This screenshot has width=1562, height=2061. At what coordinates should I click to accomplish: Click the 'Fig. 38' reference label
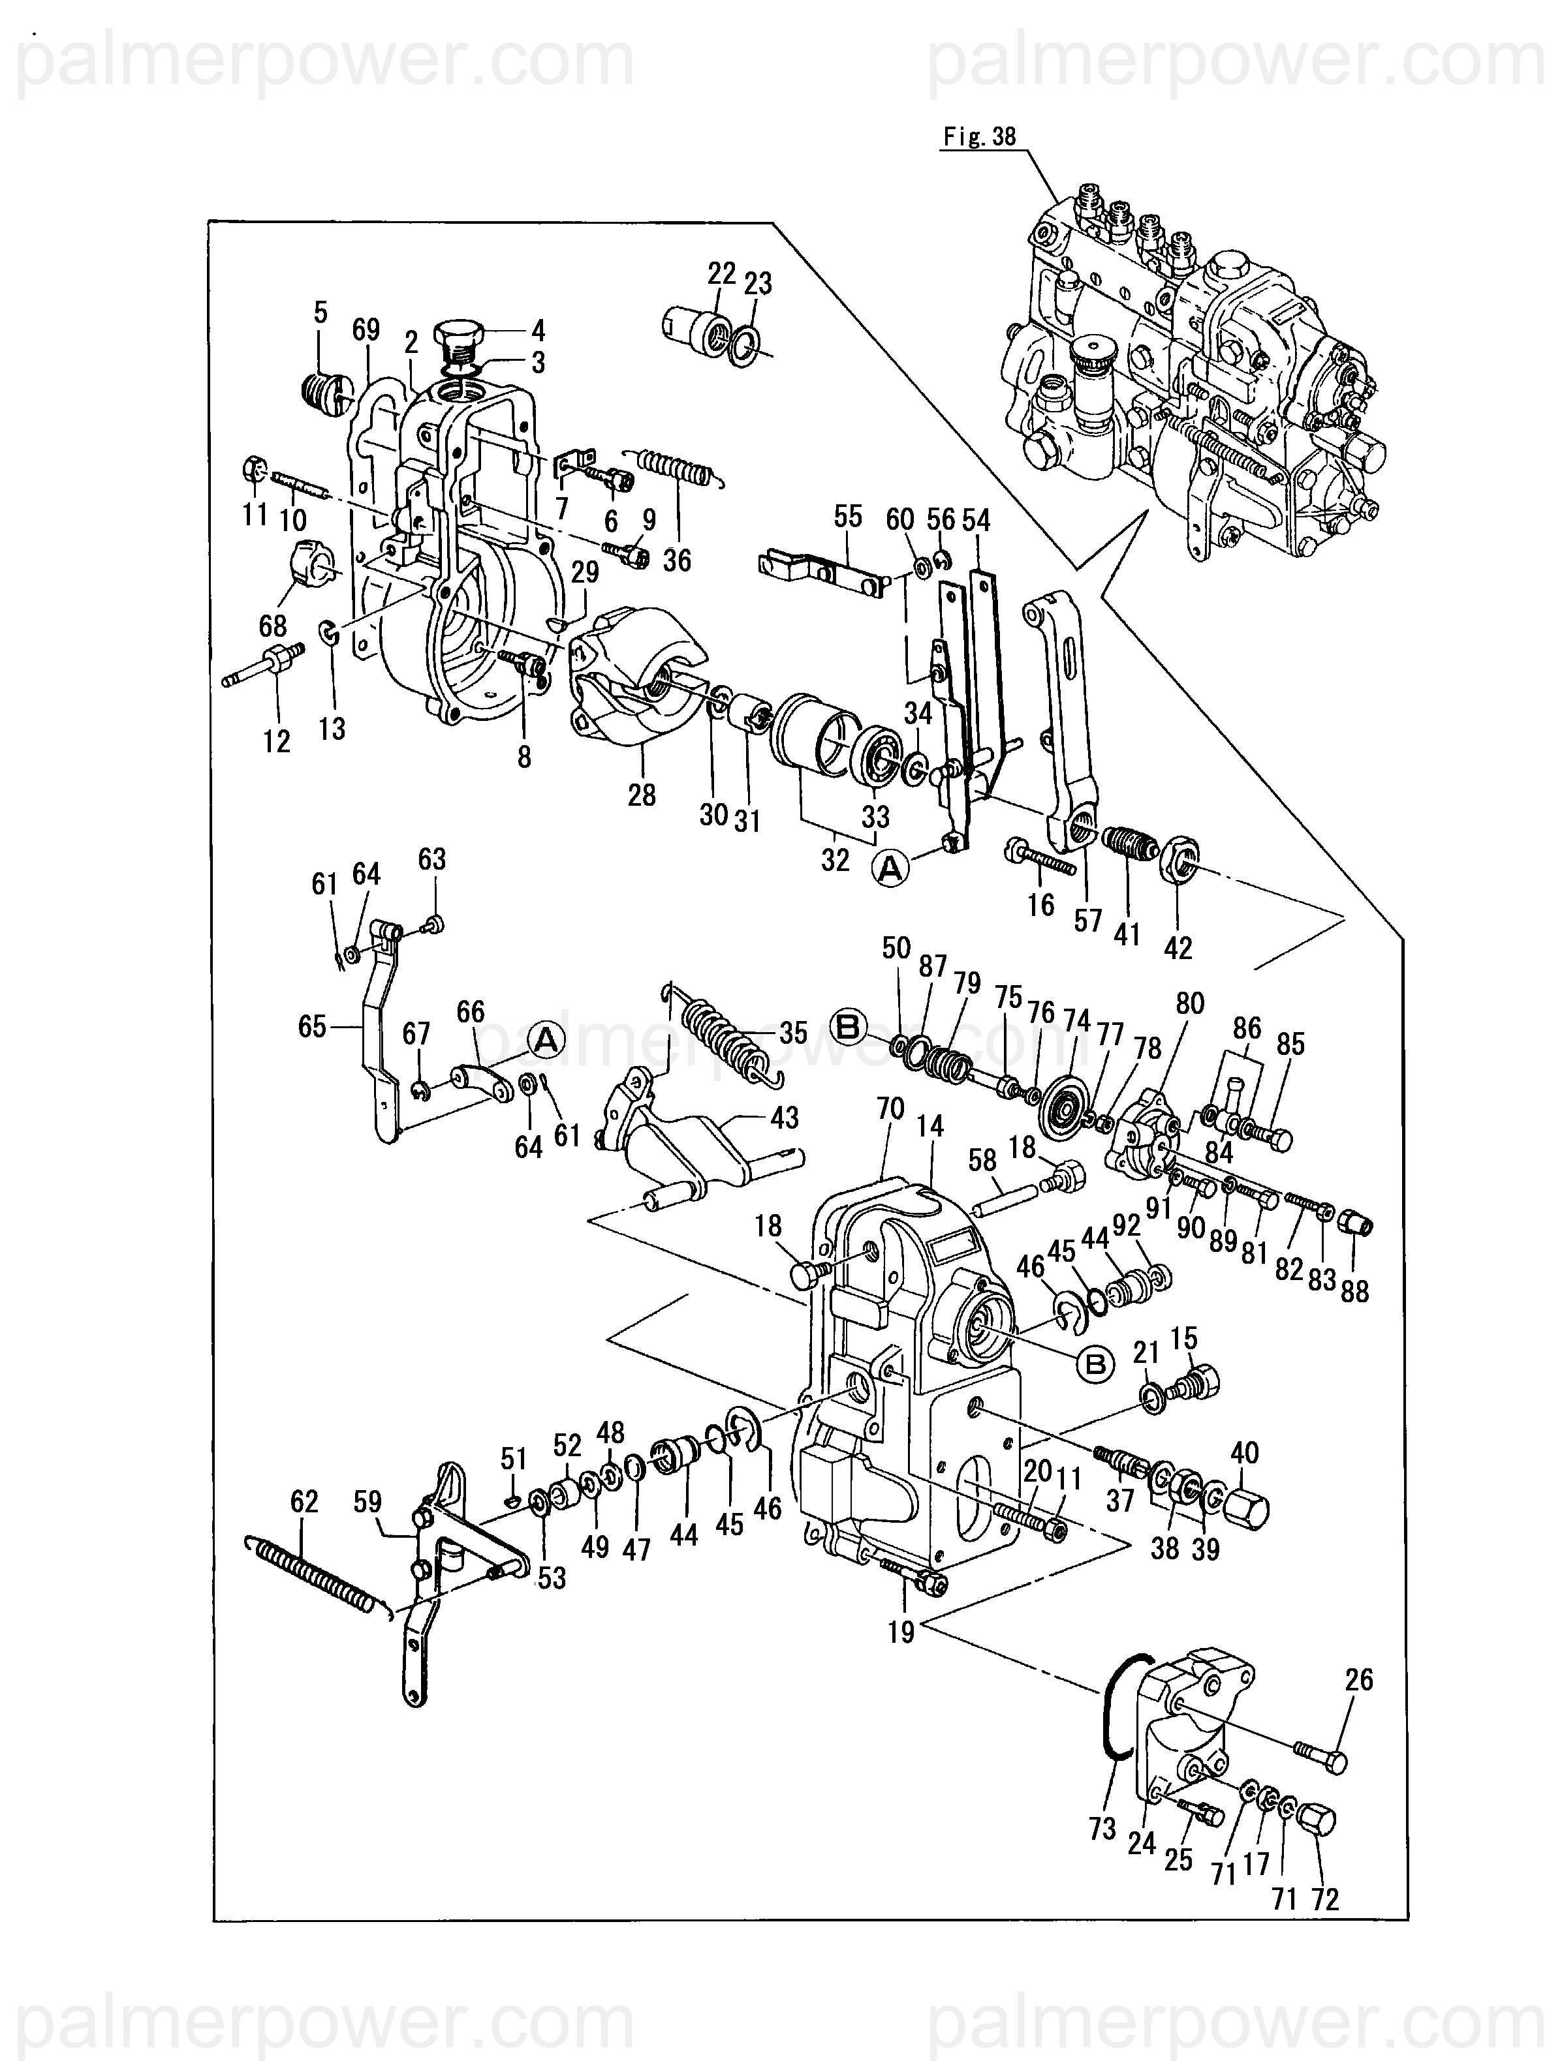[980, 137]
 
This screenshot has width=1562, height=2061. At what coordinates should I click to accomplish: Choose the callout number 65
[312, 1027]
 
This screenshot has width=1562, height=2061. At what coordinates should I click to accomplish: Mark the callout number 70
[891, 1108]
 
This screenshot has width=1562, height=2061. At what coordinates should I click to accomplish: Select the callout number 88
[1354, 1290]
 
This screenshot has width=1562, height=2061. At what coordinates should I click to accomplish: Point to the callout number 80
[1190, 1003]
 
